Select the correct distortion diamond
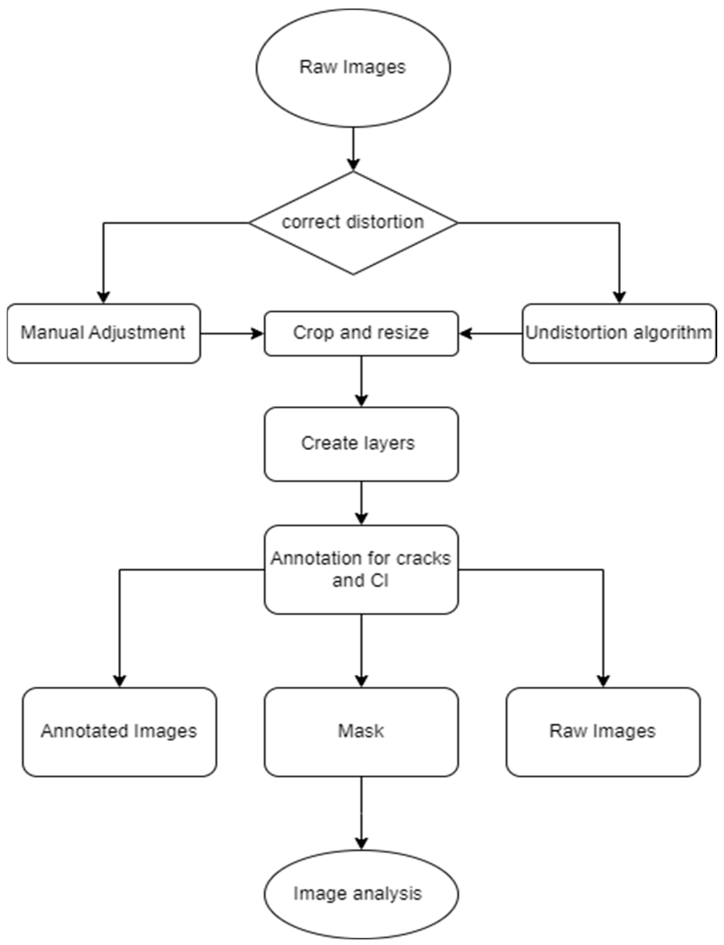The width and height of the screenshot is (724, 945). pyautogui.click(x=353, y=223)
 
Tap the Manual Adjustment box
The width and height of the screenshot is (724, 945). pyautogui.click(x=104, y=333)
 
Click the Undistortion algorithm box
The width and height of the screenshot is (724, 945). pyautogui.click(x=619, y=333)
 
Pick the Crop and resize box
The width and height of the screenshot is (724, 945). pyautogui.click(x=361, y=333)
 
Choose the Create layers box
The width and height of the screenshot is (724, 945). pyautogui.click(x=361, y=444)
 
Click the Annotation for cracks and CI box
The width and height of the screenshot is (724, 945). pyautogui.click(x=361, y=569)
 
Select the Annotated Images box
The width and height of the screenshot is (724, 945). pyautogui.click(x=119, y=731)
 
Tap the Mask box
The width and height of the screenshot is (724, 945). pyautogui.click(x=361, y=731)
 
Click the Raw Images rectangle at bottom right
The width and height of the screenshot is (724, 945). pyautogui.click(x=603, y=731)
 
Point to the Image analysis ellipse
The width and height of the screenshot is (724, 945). pyautogui.click(x=361, y=894)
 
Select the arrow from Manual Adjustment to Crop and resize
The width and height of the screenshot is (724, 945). pyautogui.click(x=232, y=333)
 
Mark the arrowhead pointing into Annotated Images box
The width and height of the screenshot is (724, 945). pyautogui.click(x=119, y=681)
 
